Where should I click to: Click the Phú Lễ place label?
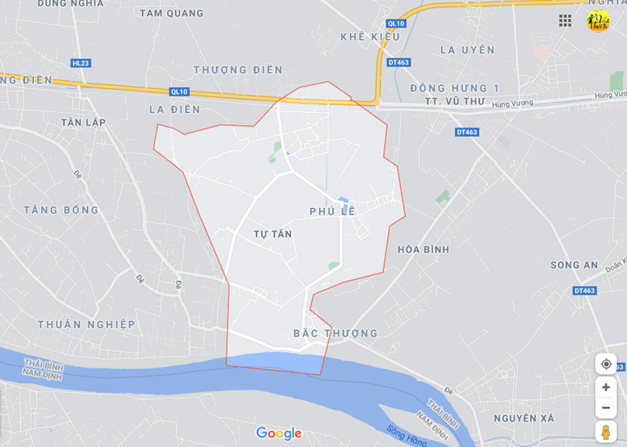332,211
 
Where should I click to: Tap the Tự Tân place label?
272,234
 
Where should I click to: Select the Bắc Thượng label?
336,333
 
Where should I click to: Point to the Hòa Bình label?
423,249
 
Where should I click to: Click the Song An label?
574,264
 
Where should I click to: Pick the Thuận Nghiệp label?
86,324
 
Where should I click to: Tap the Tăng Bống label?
61,210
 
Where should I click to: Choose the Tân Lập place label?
83,122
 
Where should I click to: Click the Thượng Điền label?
238,70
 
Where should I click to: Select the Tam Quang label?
172,13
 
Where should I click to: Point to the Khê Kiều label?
371,36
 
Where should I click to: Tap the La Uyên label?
467,49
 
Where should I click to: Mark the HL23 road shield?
81,63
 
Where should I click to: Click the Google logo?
279,433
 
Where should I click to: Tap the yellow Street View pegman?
605,432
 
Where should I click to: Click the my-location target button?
605,364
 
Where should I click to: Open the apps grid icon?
565,21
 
